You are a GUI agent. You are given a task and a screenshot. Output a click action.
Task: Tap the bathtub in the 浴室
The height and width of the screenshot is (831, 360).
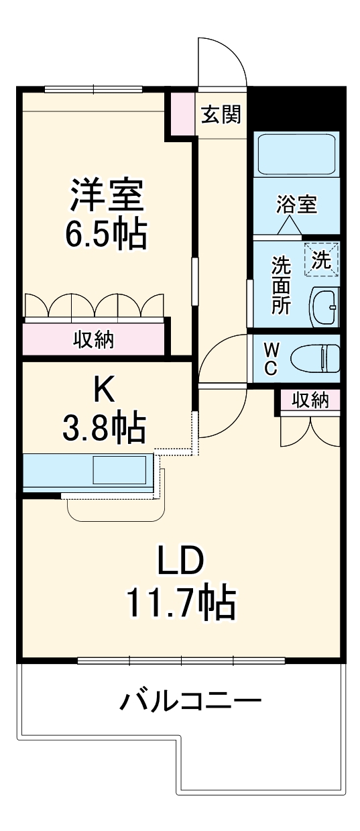(x=296, y=155)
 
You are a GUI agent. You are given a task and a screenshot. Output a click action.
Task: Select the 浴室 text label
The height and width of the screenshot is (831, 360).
(x=296, y=205)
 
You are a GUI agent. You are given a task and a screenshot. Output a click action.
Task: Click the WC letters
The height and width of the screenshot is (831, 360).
(x=272, y=358)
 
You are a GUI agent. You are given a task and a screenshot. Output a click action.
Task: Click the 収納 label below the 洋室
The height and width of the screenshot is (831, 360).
(x=93, y=340)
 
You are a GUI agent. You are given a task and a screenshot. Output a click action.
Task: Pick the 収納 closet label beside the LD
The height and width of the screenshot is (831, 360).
(x=310, y=400)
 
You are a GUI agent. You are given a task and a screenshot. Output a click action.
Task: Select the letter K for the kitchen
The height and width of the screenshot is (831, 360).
(x=104, y=388)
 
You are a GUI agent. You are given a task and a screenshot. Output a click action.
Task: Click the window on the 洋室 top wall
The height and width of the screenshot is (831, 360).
(x=93, y=89)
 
